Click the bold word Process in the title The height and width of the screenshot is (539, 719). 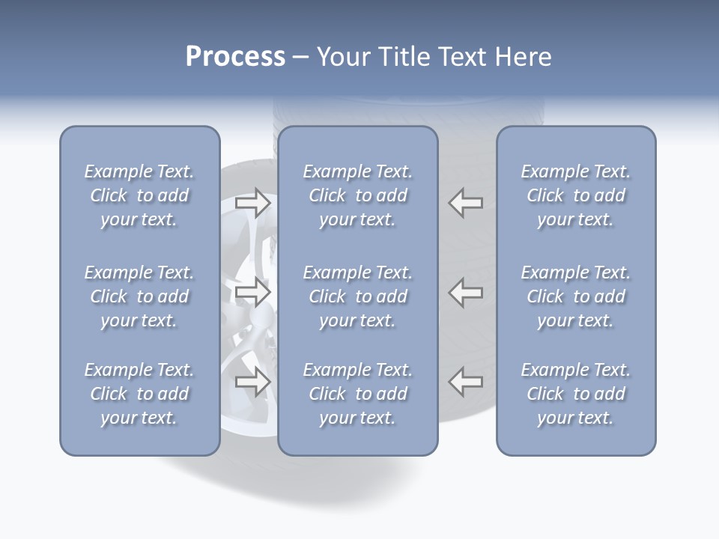235,57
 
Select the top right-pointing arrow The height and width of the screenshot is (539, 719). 253,202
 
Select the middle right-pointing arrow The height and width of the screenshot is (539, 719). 253,292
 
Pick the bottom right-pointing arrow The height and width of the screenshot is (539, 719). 253,382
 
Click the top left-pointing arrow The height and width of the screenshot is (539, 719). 466,202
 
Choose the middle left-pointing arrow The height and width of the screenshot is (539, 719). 466,292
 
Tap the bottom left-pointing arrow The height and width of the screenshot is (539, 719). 466,382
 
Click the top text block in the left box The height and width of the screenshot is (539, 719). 139,195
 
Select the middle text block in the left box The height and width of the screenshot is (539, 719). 139,296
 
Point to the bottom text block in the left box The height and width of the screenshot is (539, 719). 139,394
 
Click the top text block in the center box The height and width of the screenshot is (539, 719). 357,195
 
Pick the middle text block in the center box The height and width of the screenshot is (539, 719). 357,296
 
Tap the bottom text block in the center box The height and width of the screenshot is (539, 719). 357,394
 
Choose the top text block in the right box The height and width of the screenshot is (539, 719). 575,195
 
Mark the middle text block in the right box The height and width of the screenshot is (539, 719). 575,296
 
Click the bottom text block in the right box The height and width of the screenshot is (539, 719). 575,394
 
